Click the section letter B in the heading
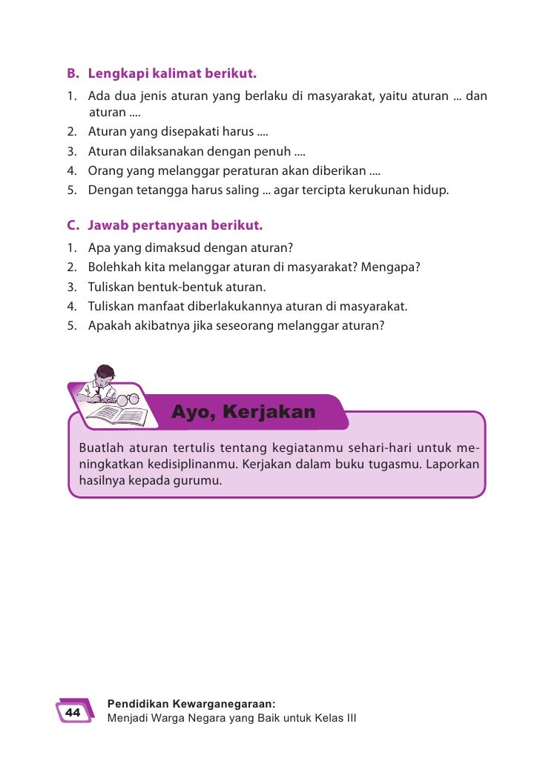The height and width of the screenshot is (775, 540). point(72,74)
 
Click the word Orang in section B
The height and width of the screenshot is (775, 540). point(103,170)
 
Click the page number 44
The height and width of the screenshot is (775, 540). point(73,712)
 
